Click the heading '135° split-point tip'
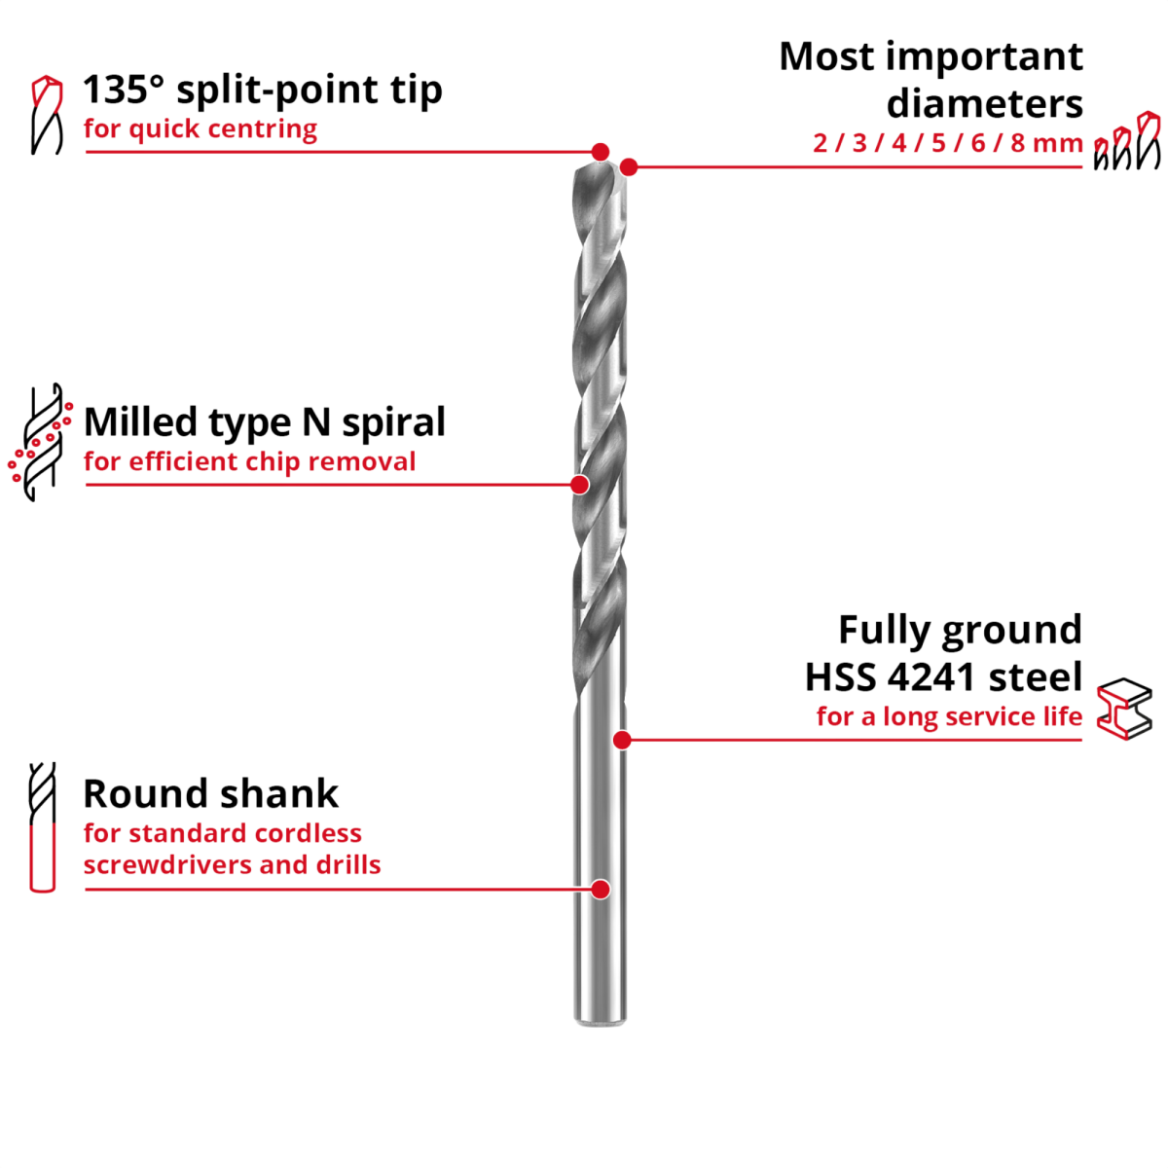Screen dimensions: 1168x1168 coord(263,91)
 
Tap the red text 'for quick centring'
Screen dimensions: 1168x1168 coord(201,129)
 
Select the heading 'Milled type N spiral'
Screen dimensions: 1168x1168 coord(264,422)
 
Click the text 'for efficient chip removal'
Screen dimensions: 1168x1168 coord(249,461)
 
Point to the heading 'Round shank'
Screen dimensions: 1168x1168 coord(211,793)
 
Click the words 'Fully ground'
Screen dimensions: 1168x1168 coord(960,630)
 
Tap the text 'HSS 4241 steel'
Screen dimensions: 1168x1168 coord(943,675)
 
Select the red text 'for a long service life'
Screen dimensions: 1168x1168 coord(949,718)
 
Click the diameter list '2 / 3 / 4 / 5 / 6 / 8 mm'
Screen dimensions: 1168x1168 coord(947,144)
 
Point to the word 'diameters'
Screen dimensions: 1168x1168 coord(984,102)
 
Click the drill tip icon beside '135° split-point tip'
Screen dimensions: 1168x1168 coord(46,115)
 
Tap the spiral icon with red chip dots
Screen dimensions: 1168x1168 coord(42,443)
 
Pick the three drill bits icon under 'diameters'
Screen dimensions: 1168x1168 coord(1126,142)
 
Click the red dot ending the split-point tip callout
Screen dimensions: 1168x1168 coord(601,152)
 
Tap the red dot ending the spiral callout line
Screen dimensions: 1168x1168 coord(580,484)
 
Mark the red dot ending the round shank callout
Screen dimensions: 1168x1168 coord(601,889)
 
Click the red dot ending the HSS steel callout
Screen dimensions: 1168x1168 coord(622,740)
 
